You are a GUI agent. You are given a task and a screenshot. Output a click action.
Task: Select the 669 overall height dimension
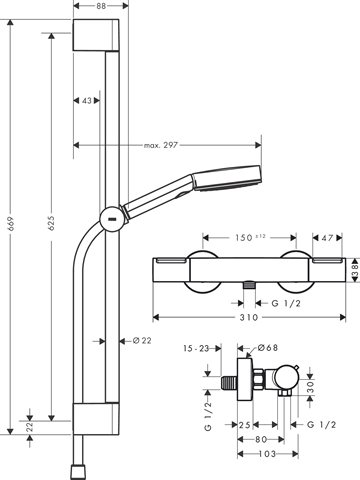pyautogui.click(x=11, y=224)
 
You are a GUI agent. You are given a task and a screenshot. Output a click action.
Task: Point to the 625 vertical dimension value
pyautogui.click(x=51, y=223)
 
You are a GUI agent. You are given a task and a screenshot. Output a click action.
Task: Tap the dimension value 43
pyautogui.click(x=86, y=100)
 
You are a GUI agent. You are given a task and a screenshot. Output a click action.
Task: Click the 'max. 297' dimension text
pyautogui.click(x=161, y=145)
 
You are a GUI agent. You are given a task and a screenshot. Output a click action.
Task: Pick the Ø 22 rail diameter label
pyautogui.click(x=142, y=341)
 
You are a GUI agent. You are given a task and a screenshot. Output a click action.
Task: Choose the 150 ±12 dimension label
pyautogui.click(x=250, y=237)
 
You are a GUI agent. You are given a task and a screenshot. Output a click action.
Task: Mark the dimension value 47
pyautogui.click(x=327, y=238)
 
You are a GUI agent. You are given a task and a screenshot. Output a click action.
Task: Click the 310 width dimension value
pyautogui.click(x=249, y=317)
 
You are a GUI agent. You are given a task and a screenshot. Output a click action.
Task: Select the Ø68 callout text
pyautogui.click(x=268, y=348)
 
